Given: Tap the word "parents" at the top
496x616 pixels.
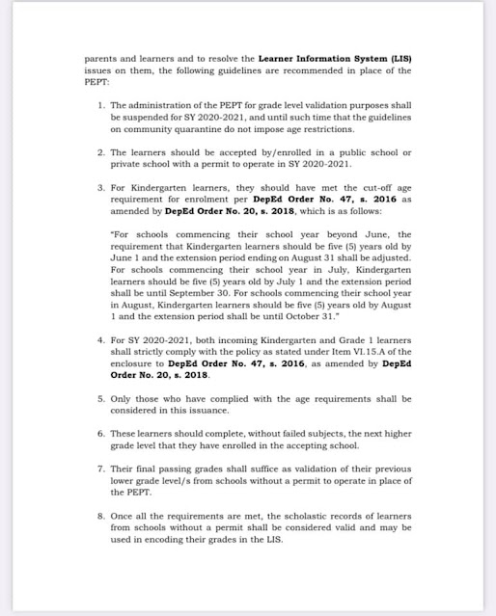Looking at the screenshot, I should point(100,58).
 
